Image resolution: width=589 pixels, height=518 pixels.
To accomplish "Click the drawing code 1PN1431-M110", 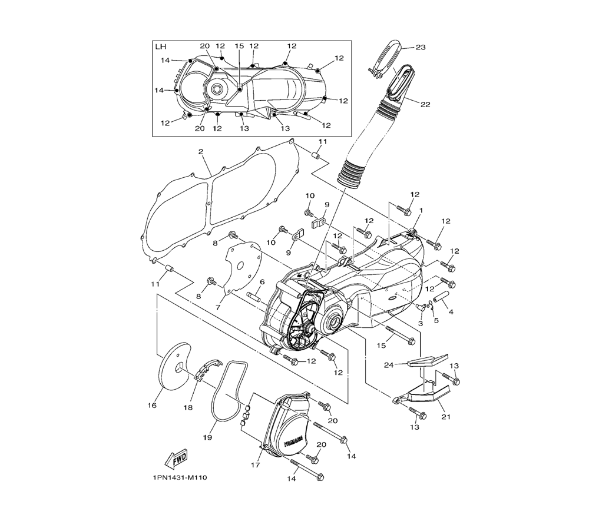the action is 180,478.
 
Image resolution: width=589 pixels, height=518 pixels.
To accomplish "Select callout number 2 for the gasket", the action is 201,152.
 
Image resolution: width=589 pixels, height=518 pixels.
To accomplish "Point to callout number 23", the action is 421,47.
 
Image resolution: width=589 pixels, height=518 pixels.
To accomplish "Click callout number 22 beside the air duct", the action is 425,104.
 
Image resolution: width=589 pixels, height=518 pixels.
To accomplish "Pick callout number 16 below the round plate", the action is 152,406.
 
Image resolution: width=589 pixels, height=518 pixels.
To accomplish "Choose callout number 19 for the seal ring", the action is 207,437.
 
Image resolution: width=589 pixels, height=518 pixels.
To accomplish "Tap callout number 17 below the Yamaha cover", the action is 255,465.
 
